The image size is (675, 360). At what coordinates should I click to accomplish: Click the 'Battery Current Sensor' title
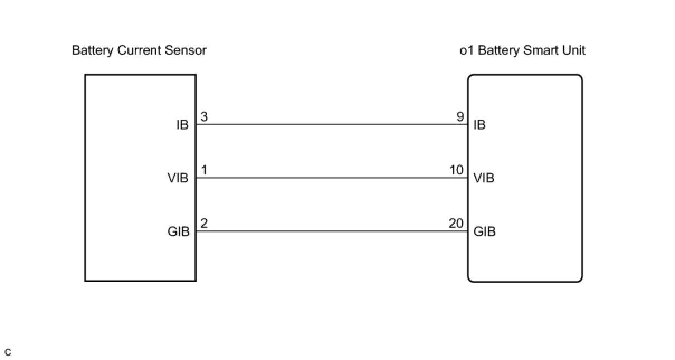pyautogui.click(x=139, y=50)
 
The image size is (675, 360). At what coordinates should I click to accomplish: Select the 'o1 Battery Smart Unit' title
pyautogui.click(x=522, y=50)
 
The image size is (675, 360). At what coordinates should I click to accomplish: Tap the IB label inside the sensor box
pyautogui.click(x=182, y=125)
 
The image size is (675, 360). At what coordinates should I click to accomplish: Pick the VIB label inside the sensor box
pyautogui.click(x=178, y=178)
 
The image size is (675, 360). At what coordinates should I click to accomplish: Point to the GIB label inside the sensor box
pyautogui.click(x=178, y=231)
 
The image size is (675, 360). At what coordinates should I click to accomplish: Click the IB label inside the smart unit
pyautogui.click(x=480, y=125)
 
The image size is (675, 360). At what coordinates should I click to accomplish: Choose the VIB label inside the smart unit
pyautogui.click(x=484, y=178)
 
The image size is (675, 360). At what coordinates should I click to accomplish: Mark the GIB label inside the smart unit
pyautogui.click(x=484, y=231)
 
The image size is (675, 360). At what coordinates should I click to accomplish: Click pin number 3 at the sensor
pyautogui.click(x=204, y=117)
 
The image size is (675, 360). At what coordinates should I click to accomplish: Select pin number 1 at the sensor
pyautogui.click(x=204, y=170)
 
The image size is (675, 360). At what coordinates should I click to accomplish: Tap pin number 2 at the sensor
pyautogui.click(x=204, y=224)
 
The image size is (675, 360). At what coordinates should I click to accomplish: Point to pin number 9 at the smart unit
pyautogui.click(x=460, y=117)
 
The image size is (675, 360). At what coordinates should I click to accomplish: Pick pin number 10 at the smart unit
pyautogui.click(x=457, y=170)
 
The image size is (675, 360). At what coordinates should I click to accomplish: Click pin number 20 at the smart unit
pyautogui.click(x=456, y=224)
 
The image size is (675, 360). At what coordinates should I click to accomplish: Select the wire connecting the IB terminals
pyautogui.click(x=332, y=124)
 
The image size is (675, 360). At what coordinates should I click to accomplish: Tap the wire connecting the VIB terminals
pyautogui.click(x=332, y=178)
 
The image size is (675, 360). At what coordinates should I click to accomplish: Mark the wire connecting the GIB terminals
pyautogui.click(x=332, y=231)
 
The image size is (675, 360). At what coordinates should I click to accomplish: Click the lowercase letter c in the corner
pyautogui.click(x=8, y=352)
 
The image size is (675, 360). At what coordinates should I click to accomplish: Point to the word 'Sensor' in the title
pyautogui.click(x=186, y=50)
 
